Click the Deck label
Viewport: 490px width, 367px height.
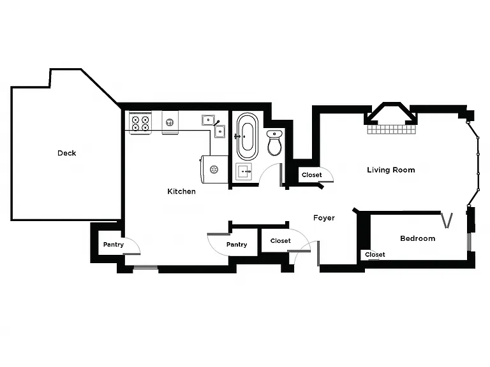67,153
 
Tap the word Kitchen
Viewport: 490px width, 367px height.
182,191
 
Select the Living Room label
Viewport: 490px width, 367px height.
391,170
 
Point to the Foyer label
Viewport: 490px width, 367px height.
324,218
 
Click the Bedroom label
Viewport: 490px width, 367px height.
417,238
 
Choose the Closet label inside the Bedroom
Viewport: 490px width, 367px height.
375,255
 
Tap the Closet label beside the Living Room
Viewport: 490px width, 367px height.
312,175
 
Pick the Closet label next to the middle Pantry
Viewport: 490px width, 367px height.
281,241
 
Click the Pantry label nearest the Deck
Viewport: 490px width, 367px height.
114,245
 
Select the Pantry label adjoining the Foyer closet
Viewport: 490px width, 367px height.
237,245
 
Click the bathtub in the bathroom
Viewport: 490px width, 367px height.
248,136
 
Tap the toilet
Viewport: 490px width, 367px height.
274,143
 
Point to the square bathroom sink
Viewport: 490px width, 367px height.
244,171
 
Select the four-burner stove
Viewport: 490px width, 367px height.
140,123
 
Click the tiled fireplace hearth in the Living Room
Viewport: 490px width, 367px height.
392,129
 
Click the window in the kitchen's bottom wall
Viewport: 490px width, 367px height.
145,268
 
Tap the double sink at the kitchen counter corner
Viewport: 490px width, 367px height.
214,126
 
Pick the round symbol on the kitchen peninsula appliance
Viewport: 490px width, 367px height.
214,169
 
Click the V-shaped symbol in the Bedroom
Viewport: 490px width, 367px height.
447,220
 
